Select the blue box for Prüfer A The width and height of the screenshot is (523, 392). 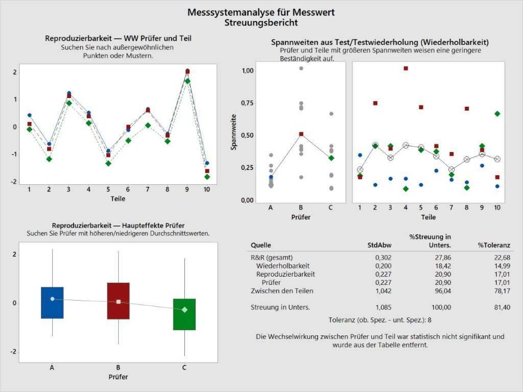[52, 303]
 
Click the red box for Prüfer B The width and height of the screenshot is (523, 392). [118, 301]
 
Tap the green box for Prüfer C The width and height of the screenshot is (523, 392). [184, 314]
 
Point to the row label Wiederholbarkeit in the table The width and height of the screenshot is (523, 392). [283, 265]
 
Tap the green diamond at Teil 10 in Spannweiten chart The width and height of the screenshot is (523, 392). [497, 114]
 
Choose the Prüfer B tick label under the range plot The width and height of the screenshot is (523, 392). [301, 208]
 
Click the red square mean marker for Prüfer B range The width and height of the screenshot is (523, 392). [301, 134]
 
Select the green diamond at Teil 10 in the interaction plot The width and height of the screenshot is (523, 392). [207, 177]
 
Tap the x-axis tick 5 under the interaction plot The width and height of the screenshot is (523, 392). [108, 189]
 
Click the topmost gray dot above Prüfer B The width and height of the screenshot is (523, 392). [301, 68]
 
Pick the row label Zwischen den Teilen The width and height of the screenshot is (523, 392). [282, 290]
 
